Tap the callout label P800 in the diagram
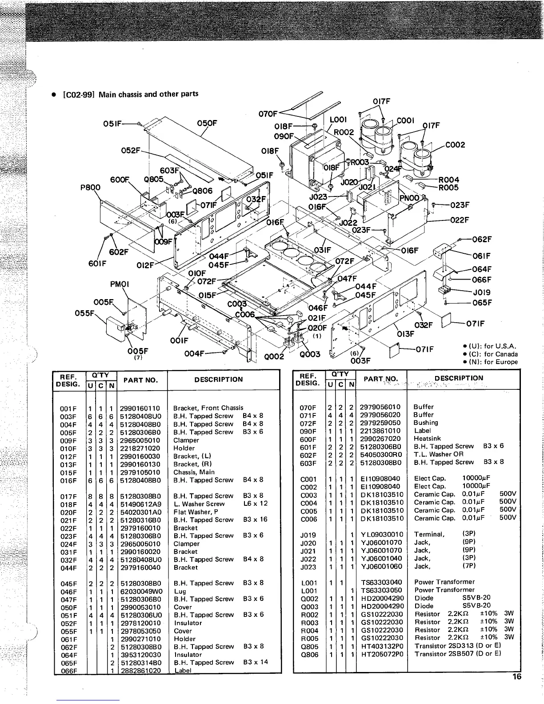pyautogui.click(x=91, y=188)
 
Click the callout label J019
pyautogui.click(x=482, y=293)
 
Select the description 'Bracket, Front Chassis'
pyautogui.click(x=208, y=408)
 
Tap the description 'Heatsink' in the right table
pyautogui.click(x=427, y=439)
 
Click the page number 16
pyautogui.click(x=516, y=677)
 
